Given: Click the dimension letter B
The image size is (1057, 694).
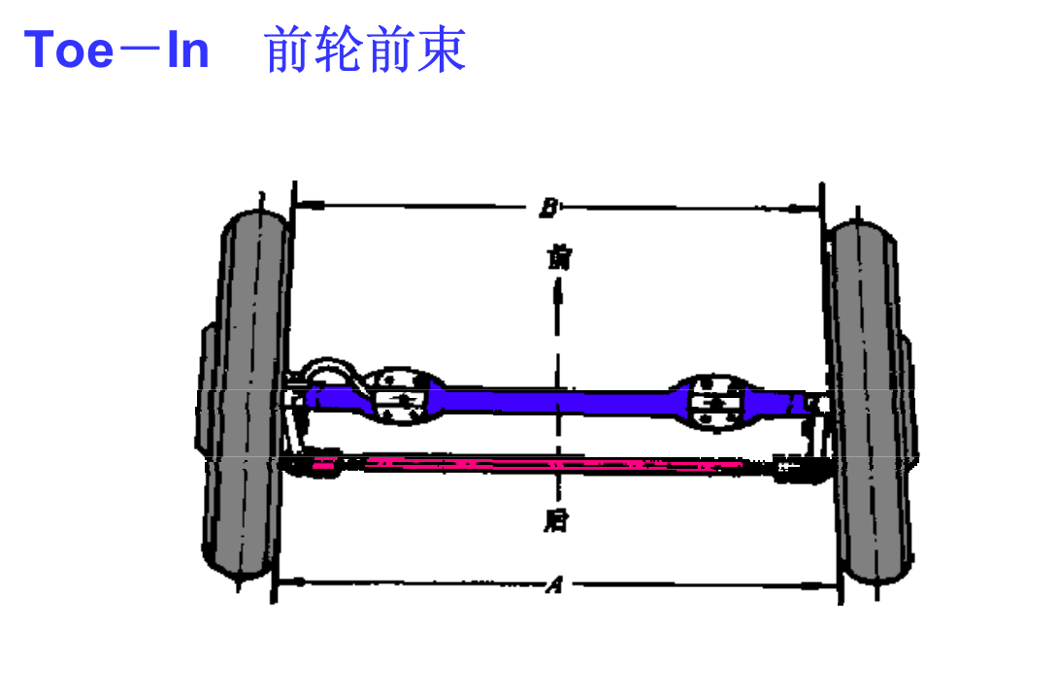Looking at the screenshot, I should point(548,207).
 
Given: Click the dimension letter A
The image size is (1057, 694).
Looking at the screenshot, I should point(554,584).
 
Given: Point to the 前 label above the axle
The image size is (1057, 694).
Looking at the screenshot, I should point(557,257).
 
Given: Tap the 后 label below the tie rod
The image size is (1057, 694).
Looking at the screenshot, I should point(556,521).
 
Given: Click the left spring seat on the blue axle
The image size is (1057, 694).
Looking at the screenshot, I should point(398,396).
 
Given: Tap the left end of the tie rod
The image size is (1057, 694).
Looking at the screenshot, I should point(320,463).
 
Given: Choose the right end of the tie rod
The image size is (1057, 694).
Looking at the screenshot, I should point(794,467).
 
